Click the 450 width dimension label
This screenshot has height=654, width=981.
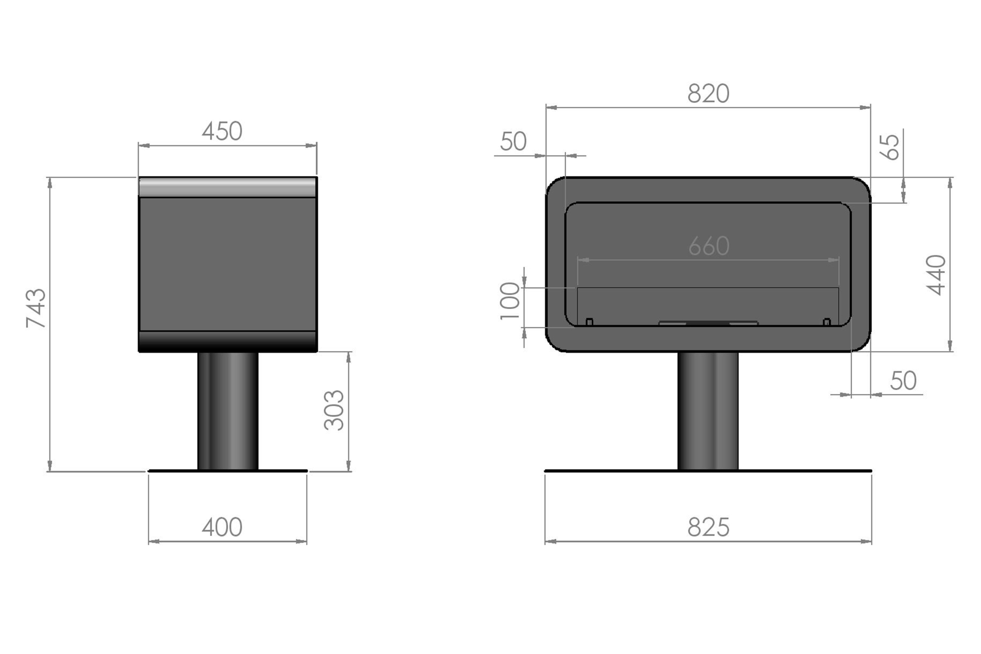coord(222,131)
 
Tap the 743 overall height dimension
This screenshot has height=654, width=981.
coord(36,308)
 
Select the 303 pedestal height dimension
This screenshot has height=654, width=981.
coord(334,410)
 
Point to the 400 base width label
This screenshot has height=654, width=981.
coord(222,527)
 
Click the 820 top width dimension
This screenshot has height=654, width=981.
coord(708,94)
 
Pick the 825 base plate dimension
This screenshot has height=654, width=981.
coord(708,527)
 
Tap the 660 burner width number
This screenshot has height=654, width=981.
coord(709,246)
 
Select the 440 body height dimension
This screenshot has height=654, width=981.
coord(937,275)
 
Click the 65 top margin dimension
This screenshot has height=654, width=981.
coord(891,147)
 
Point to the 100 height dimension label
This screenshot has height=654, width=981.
coord(509,301)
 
